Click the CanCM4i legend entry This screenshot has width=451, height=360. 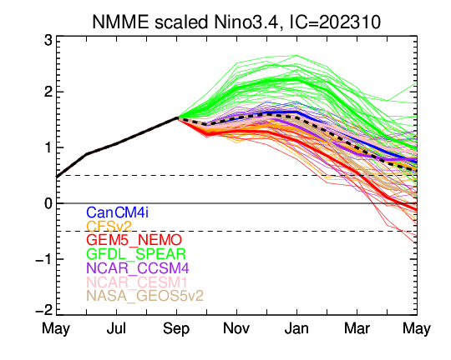(x=118, y=212)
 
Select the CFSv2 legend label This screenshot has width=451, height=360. (x=109, y=227)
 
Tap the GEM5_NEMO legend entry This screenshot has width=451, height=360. (x=134, y=240)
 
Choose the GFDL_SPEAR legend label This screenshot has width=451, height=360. (x=136, y=254)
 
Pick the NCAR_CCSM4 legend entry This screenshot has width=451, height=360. (x=138, y=268)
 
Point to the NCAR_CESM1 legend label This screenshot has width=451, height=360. (x=137, y=282)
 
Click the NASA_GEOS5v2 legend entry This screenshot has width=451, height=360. (x=145, y=296)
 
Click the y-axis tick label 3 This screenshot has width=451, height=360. (x=48, y=41)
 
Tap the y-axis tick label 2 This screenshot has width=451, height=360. (x=48, y=92)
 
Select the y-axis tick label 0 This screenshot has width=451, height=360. (x=48, y=203)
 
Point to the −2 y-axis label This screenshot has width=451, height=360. (x=44, y=310)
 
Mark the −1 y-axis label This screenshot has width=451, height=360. (x=44, y=260)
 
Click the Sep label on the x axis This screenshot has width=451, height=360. (x=176, y=329)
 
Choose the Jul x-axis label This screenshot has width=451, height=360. (x=116, y=328)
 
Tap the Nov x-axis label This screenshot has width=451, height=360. (x=236, y=328)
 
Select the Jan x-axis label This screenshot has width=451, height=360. (x=296, y=328)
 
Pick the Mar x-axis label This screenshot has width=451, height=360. (x=357, y=328)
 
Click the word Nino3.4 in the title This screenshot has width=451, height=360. (x=246, y=22)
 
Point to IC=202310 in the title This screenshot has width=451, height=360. (x=335, y=22)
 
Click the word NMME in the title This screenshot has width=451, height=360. (x=120, y=22)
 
